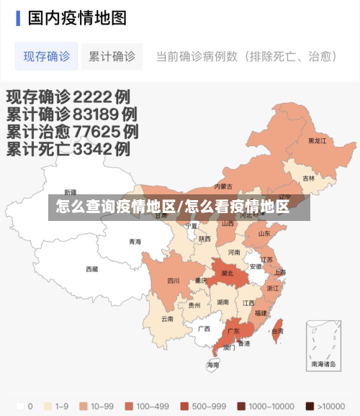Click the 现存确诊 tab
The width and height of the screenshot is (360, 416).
(47, 56)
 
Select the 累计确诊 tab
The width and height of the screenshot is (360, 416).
(112, 56)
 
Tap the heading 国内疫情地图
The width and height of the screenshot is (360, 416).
(77, 18)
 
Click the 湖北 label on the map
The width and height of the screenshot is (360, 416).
(228, 273)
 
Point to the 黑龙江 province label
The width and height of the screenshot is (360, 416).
(318, 141)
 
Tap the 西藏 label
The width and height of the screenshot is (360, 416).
(91, 269)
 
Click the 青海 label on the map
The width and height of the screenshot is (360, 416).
(135, 242)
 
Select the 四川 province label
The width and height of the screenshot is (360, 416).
(174, 281)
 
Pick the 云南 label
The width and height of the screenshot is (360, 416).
(167, 318)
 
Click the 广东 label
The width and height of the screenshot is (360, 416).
(233, 331)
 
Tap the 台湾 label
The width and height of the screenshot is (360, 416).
(277, 331)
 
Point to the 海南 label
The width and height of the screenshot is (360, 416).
(213, 365)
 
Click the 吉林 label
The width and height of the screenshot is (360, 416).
(308, 178)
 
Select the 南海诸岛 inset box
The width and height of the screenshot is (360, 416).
(323, 344)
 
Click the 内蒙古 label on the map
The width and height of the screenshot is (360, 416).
(223, 186)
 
